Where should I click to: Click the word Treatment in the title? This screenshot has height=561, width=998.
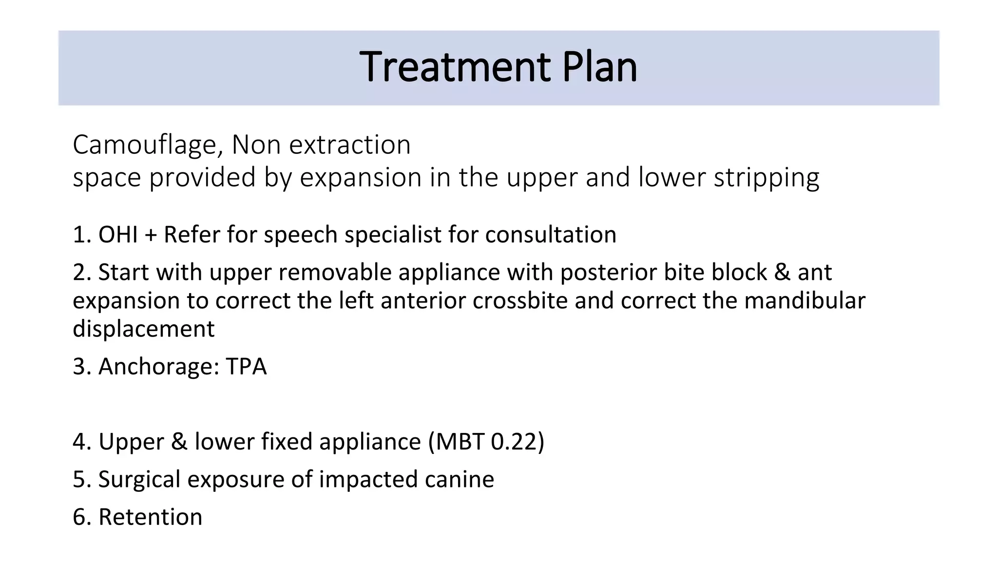(455, 67)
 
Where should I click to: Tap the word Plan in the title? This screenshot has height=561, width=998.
(599, 67)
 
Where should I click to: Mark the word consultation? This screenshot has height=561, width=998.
(551, 235)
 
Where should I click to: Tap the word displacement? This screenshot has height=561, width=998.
(144, 329)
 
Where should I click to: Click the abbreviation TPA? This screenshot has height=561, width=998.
(246, 367)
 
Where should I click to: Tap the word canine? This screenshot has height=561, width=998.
(460, 480)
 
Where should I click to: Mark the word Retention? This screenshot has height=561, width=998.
(150, 517)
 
